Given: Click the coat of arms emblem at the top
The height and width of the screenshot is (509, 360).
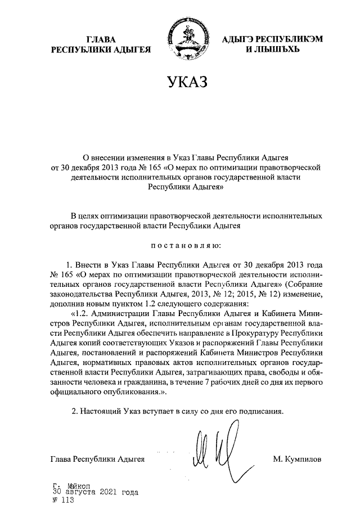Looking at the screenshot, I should (181, 39).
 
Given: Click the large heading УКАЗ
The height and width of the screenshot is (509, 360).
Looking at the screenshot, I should (180, 83).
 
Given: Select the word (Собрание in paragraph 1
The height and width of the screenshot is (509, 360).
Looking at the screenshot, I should (303, 284).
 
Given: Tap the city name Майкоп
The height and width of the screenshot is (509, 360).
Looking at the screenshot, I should (80, 485).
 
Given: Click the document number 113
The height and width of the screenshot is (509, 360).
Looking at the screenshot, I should (66, 499).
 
